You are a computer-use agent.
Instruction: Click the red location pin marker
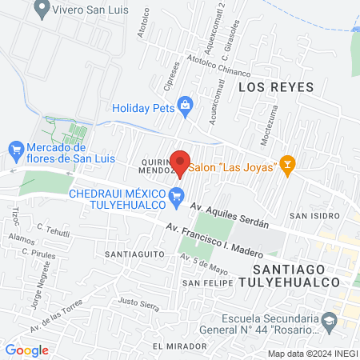click(181, 162)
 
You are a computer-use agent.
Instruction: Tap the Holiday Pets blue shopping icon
click(185, 105)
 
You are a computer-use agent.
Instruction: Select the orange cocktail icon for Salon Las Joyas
click(289, 166)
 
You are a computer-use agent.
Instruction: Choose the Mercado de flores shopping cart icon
click(14, 148)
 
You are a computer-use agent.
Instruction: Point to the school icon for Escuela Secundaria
click(328, 320)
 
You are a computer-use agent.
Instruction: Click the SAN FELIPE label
click(207, 283)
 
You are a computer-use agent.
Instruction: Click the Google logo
click(26, 350)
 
